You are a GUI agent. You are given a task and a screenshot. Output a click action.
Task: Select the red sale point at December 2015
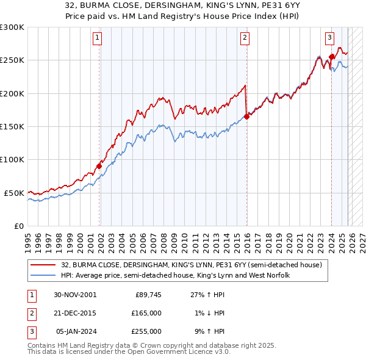(x=247, y=116)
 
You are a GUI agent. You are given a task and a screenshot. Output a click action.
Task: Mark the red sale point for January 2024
(x=331, y=57)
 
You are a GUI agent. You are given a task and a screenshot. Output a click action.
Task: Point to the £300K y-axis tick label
(x=12, y=27)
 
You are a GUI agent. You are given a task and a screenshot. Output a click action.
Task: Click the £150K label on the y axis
(x=12, y=127)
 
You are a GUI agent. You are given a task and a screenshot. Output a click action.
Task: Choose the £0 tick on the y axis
(x=18, y=226)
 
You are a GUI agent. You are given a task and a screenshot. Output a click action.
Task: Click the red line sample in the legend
(x=43, y=265)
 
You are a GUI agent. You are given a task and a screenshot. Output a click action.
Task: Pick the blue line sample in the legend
(x=43, y=276)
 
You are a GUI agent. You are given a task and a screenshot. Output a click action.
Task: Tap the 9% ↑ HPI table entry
(x=208, y=331)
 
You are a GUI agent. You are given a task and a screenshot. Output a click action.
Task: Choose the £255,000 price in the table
(x=146, y=331)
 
